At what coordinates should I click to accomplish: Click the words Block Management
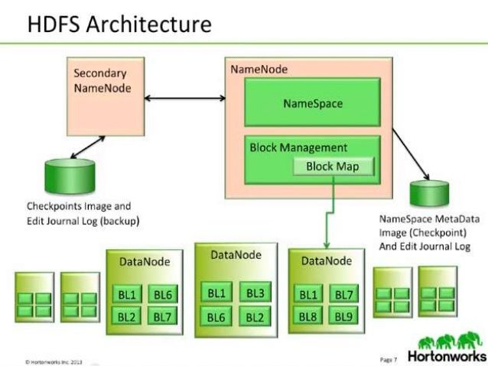pos(298,147)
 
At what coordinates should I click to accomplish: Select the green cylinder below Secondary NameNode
pos(64,173)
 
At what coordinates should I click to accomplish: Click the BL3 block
pos(255,293)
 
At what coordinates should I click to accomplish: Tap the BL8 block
pos(308,316)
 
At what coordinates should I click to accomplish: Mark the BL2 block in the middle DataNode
pos(255,316)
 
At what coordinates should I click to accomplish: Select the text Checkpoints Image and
pos(80,206)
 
